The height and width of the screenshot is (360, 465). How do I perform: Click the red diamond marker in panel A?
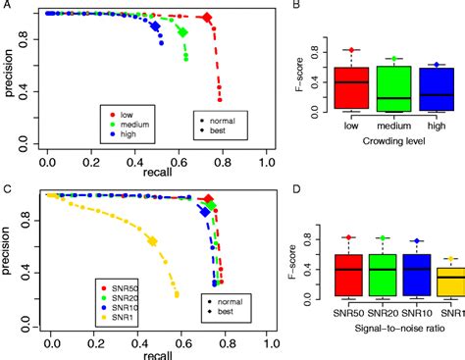[x=207, y=18]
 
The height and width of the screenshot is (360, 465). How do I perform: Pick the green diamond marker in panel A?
[x=182, y=32]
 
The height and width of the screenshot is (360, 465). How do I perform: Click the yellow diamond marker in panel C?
[x=152, y=241]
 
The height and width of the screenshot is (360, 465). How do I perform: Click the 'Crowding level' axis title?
[x=392, y=142]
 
